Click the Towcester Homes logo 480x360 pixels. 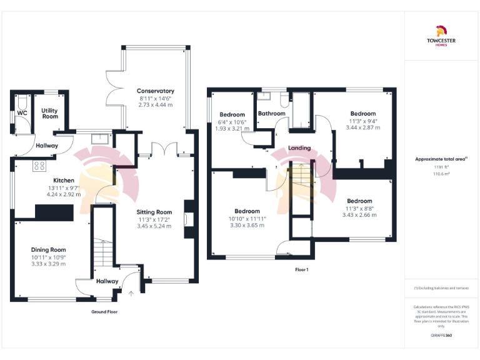(x=441, y=36)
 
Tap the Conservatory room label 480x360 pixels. (x=156, y=91)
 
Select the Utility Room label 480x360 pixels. (x=49, y=113)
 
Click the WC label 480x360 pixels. (x=22, y=113)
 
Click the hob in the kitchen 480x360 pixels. (x=39, y=166)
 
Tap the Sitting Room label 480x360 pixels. (x=154, y=212)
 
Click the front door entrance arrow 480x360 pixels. (x=131, y=291)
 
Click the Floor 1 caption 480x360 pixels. (x=302, y=269)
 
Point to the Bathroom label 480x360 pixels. (x=272, y=114)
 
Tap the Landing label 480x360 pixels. (x=299, y=148)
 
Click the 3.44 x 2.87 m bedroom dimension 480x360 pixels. (x=362, y=127)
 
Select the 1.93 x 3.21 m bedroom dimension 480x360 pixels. (x=232, y=128)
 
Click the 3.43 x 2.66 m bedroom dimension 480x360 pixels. (x=359, y=215)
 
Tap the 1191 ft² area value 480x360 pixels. (x=441, y=167)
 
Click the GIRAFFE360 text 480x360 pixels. (x=441, y=336)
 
